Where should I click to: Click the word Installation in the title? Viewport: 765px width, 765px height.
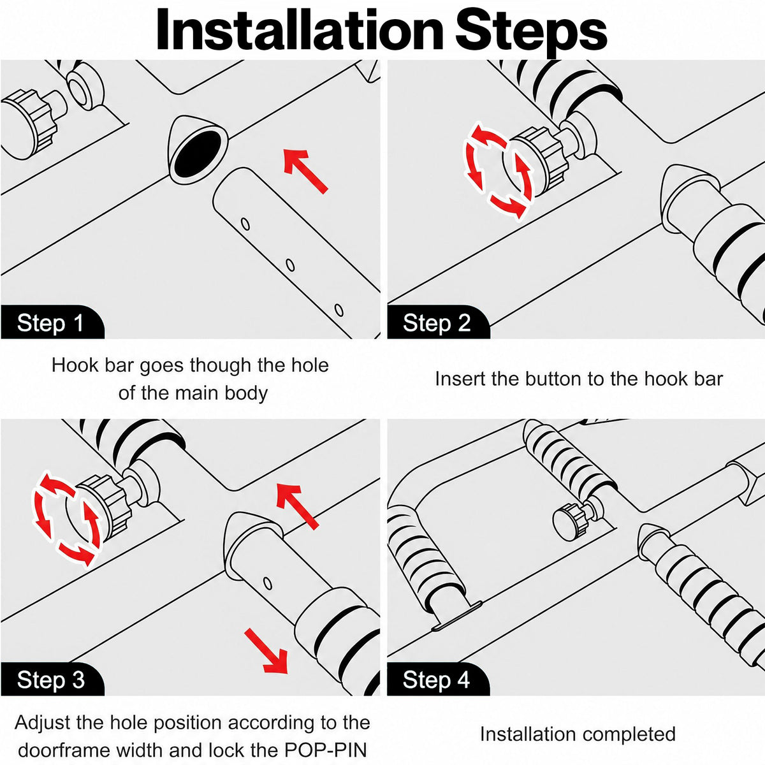click(300, 31)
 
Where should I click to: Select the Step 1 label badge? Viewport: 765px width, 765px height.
click(52, 322)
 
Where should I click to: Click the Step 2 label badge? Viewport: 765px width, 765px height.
click(438, 322)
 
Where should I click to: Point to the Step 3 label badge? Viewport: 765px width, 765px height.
click(52, 679)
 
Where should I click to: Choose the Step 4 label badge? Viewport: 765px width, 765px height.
click(438, 679)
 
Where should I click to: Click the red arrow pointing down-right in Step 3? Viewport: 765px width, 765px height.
click(266, 651)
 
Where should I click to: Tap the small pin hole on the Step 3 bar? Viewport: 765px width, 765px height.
click(268, 583)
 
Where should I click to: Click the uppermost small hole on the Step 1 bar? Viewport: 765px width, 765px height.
click(245, 224)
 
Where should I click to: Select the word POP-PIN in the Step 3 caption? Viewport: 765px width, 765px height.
click(326, 750)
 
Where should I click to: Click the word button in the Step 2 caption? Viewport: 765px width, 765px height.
click(553, 378)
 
